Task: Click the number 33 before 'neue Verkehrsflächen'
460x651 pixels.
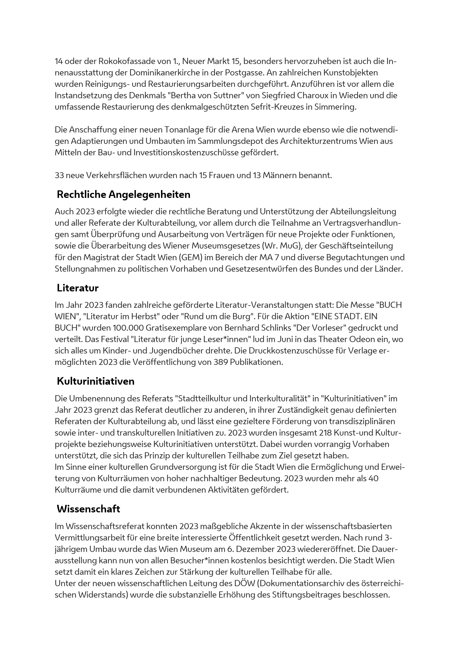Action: click(59, 176)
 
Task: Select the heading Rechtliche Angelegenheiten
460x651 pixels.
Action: click(123, 195)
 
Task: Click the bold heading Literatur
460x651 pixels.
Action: click(78, 288)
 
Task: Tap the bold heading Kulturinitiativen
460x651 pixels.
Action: click(95, 381)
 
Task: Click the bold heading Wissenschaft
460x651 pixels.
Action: click(88, 509)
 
